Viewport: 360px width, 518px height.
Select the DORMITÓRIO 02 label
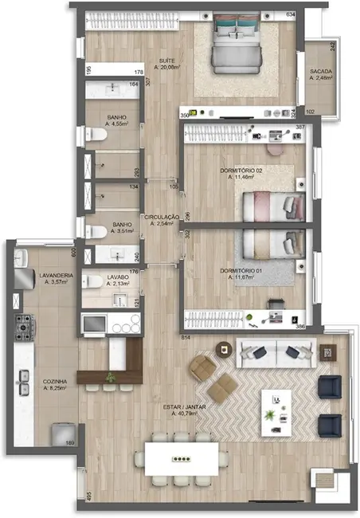click(x=241, y=172)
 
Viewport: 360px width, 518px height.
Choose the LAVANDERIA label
click(x=57, y=277)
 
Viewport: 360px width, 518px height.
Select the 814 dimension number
click(x=186, y=339)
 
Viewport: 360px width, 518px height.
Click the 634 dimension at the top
click(x=291, y=15)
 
